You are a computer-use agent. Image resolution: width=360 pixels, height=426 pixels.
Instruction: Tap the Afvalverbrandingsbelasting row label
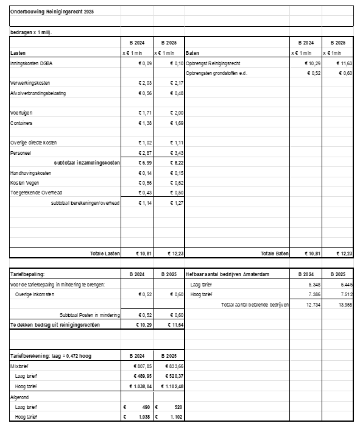pos(38,93)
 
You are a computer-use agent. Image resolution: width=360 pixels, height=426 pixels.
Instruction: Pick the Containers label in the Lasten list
pos(23,123)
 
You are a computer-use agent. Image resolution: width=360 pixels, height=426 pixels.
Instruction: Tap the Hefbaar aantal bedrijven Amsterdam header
pos(228,274)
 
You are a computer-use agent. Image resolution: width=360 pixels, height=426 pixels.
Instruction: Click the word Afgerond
pos(20,397)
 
